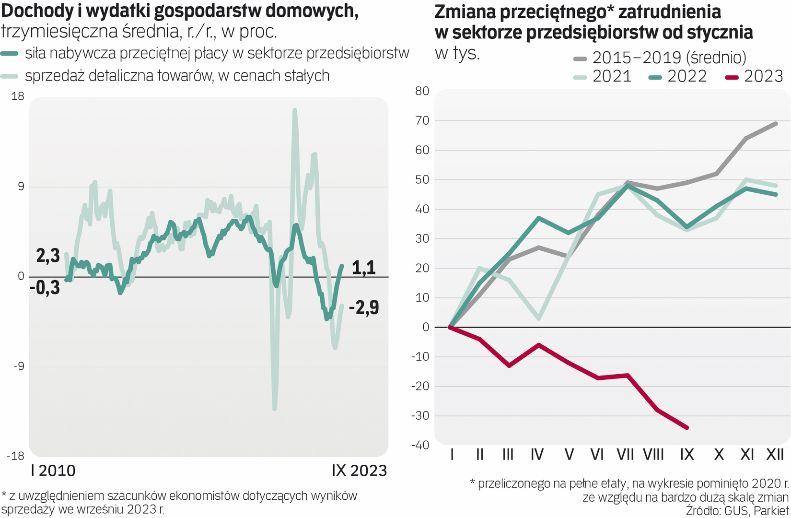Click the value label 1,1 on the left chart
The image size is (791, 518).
tap(364, 268)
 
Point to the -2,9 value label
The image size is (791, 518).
tap(364, 307)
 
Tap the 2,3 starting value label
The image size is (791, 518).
tap(48, 256)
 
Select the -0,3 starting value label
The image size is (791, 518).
tap(45, 287)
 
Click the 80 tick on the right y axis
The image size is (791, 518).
tap(422, 91)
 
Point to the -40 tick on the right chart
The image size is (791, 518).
tap(420, 445)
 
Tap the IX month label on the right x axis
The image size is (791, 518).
tap(687, 454)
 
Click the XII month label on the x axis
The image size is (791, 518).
tap(775, 454)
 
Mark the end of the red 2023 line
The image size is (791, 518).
tap(687, 427)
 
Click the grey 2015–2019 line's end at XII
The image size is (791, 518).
tap(776, 123)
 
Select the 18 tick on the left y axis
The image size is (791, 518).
tap(18, 96)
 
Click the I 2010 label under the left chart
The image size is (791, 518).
tap(53, 471)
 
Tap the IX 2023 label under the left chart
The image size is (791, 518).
tap(359, 471)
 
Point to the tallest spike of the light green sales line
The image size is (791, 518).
tap(294, 110)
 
